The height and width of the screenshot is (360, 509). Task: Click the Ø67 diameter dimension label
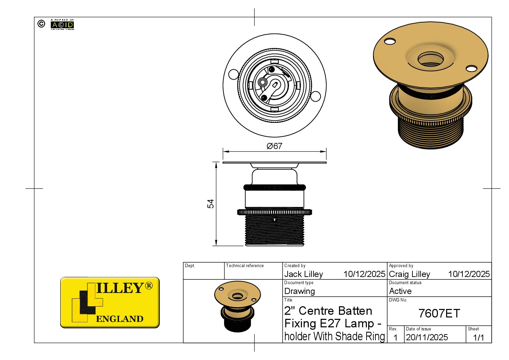[x=274, y=146]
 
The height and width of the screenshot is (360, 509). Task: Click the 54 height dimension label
[x=211, y=204]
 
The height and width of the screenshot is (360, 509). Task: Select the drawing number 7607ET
[x=439, y=313]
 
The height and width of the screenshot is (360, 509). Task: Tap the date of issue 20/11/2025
[x=427, y=337]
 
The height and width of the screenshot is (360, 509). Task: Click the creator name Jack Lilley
[x=304, y=274]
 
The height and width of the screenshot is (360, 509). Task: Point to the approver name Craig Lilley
[x=409, y=274]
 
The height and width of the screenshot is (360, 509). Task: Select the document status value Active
[x=400, y=291]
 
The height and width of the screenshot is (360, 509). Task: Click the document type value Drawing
[x=300, y=291]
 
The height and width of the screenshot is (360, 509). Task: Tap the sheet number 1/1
[x=478, y=338]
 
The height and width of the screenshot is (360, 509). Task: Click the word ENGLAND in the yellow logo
[x=120, y=319]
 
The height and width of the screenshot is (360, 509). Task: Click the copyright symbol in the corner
[x=41, y=24]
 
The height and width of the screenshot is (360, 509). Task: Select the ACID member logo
[x=62, y=24]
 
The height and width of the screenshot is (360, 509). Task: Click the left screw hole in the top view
[x=234, y=74]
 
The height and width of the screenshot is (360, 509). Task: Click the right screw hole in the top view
[x=316, y=96]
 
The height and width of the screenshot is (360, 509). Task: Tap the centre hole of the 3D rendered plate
[x=430, y=60]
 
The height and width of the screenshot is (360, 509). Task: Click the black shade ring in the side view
[x=275, y=187]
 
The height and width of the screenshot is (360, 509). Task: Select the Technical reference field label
[x=245, y=266]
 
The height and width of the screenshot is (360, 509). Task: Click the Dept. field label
[x=190, y=266]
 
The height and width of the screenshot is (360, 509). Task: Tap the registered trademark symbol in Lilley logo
[x=149, y=285]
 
